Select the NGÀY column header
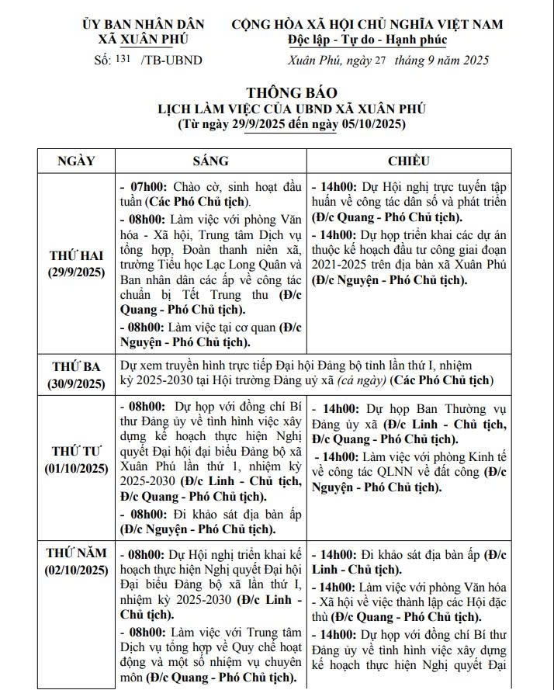pyautogui.click(x=76, y=161)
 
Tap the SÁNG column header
pyautogui.click(x=210, y=161)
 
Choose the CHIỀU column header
pyautogui.click(x=409, y=161)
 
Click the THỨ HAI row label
pyautogui.click(x=76, y=256)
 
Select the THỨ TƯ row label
pyautogui.click(x=76, y=451)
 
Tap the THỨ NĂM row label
pyautogui.click(x=76, y=553)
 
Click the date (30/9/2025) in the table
pyautogui.click(x=76, y=383)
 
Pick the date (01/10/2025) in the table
pyautogui.click(x=76, y=468)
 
